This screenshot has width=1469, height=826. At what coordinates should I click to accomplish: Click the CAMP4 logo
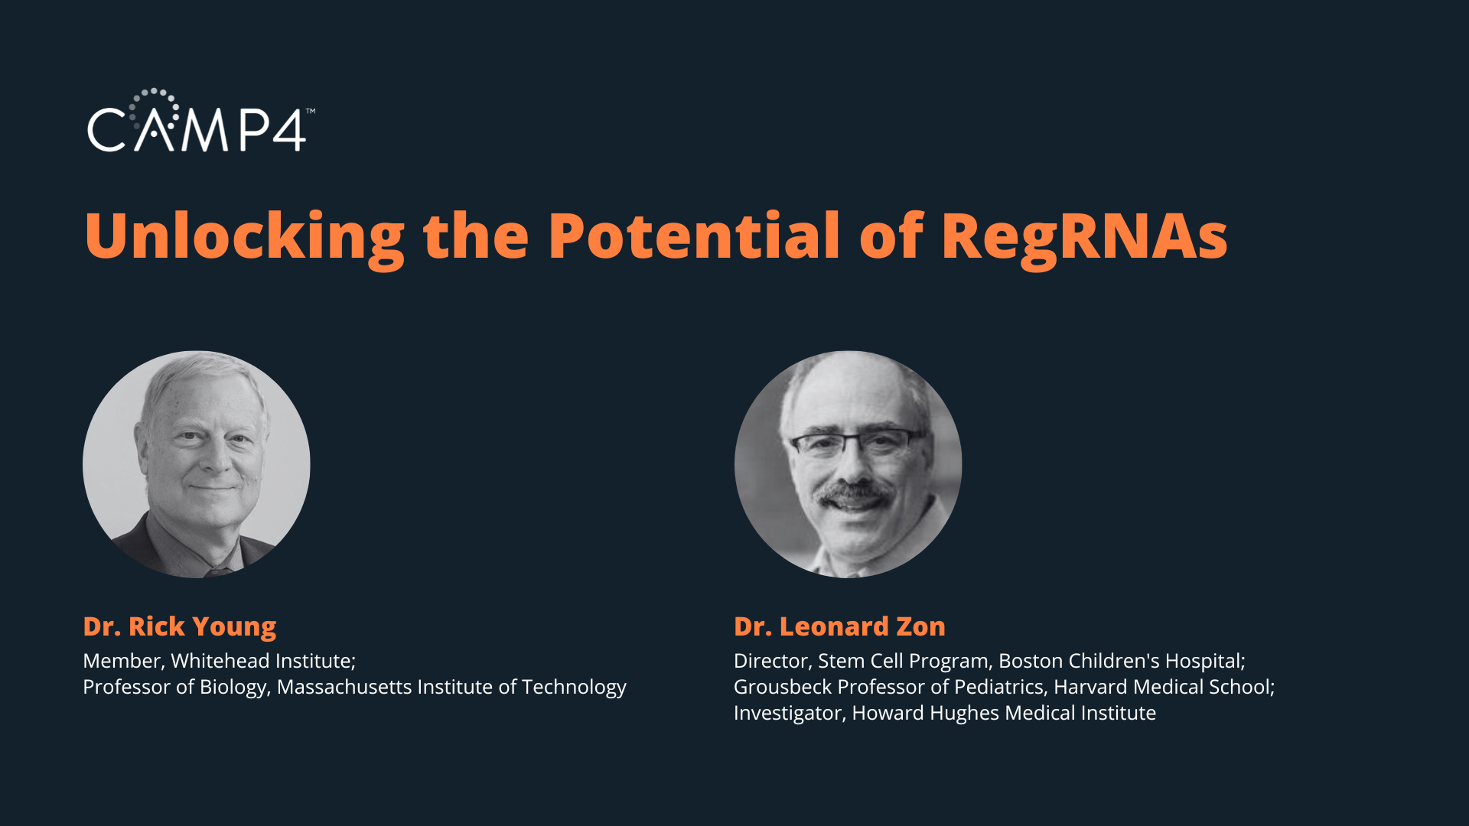pos(200,120)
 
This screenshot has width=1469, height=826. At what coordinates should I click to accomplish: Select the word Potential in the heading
pos(694,235)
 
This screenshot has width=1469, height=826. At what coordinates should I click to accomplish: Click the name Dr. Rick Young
pos(180,627)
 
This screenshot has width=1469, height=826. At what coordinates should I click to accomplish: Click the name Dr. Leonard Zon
pos(839,626)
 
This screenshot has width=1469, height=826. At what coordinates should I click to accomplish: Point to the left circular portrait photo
pos(197,464)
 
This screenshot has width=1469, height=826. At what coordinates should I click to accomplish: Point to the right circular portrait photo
pos(848,464)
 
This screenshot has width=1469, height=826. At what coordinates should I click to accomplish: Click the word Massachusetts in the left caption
pos(344,687)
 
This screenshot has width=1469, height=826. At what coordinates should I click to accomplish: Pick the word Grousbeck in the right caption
pos(783,687)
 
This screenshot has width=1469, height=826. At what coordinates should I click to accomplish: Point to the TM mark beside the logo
pos(311,111)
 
